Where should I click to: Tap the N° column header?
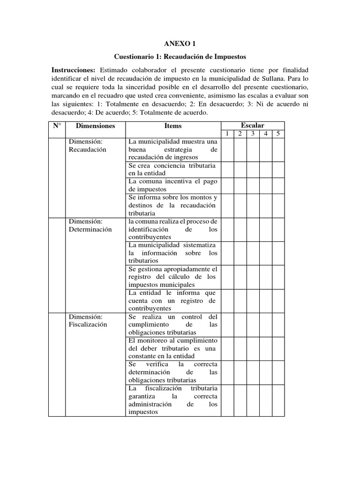[57, 126]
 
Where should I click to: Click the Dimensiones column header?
[95, 126]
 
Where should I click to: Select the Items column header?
[173, 126]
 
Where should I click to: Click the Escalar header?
[253, 125]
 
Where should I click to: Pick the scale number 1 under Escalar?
[227, 134]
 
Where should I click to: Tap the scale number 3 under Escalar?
[253, 134]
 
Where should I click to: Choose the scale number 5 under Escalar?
[278, 134]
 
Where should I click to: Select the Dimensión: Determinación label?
[90, 225]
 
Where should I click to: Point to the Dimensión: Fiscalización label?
[88, 320]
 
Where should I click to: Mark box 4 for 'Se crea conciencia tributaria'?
[266, 169]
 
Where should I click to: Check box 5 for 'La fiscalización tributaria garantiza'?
[278, 400]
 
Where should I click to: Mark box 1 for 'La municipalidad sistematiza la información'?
[227, 253]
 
